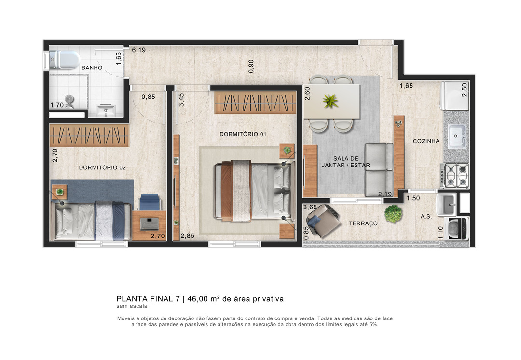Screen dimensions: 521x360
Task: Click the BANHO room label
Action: pyautogui.click(x=92, y=68)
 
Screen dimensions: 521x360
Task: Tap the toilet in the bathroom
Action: pyautogui.click(x=64, y=60)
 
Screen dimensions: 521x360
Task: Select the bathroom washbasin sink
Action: pyautogui.click(x=106, y=111)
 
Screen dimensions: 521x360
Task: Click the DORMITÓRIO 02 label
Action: pyautogui.click(x=102, y=167)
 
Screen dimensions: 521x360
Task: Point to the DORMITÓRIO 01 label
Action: pyautogui.click(x=243, y=134)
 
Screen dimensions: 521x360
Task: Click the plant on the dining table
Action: pyautogui.click(x=330, y=100)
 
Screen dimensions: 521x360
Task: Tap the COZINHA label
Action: pyautogui.click(x=426, y=141)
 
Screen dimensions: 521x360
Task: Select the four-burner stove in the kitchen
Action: pyautogui.click(x=454, y=175)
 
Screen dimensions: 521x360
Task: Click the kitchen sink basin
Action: pyautogui.click(x=457, y=136)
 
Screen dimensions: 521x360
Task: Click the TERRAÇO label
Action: pyautogui.click(x=363, y=223)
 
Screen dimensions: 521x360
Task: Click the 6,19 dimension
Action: pyautogui.click(x=138, y=50)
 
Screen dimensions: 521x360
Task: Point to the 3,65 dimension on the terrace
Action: pyautogui.click(x=310, y=207)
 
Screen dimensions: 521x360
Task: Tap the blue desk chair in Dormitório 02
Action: pyautogui.click(x=150, y=202)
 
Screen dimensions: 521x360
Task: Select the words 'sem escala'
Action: pyautogui.click(x=132, y=306)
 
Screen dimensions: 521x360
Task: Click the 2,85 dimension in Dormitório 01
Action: pyautogui.click(x=187, y=236)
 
